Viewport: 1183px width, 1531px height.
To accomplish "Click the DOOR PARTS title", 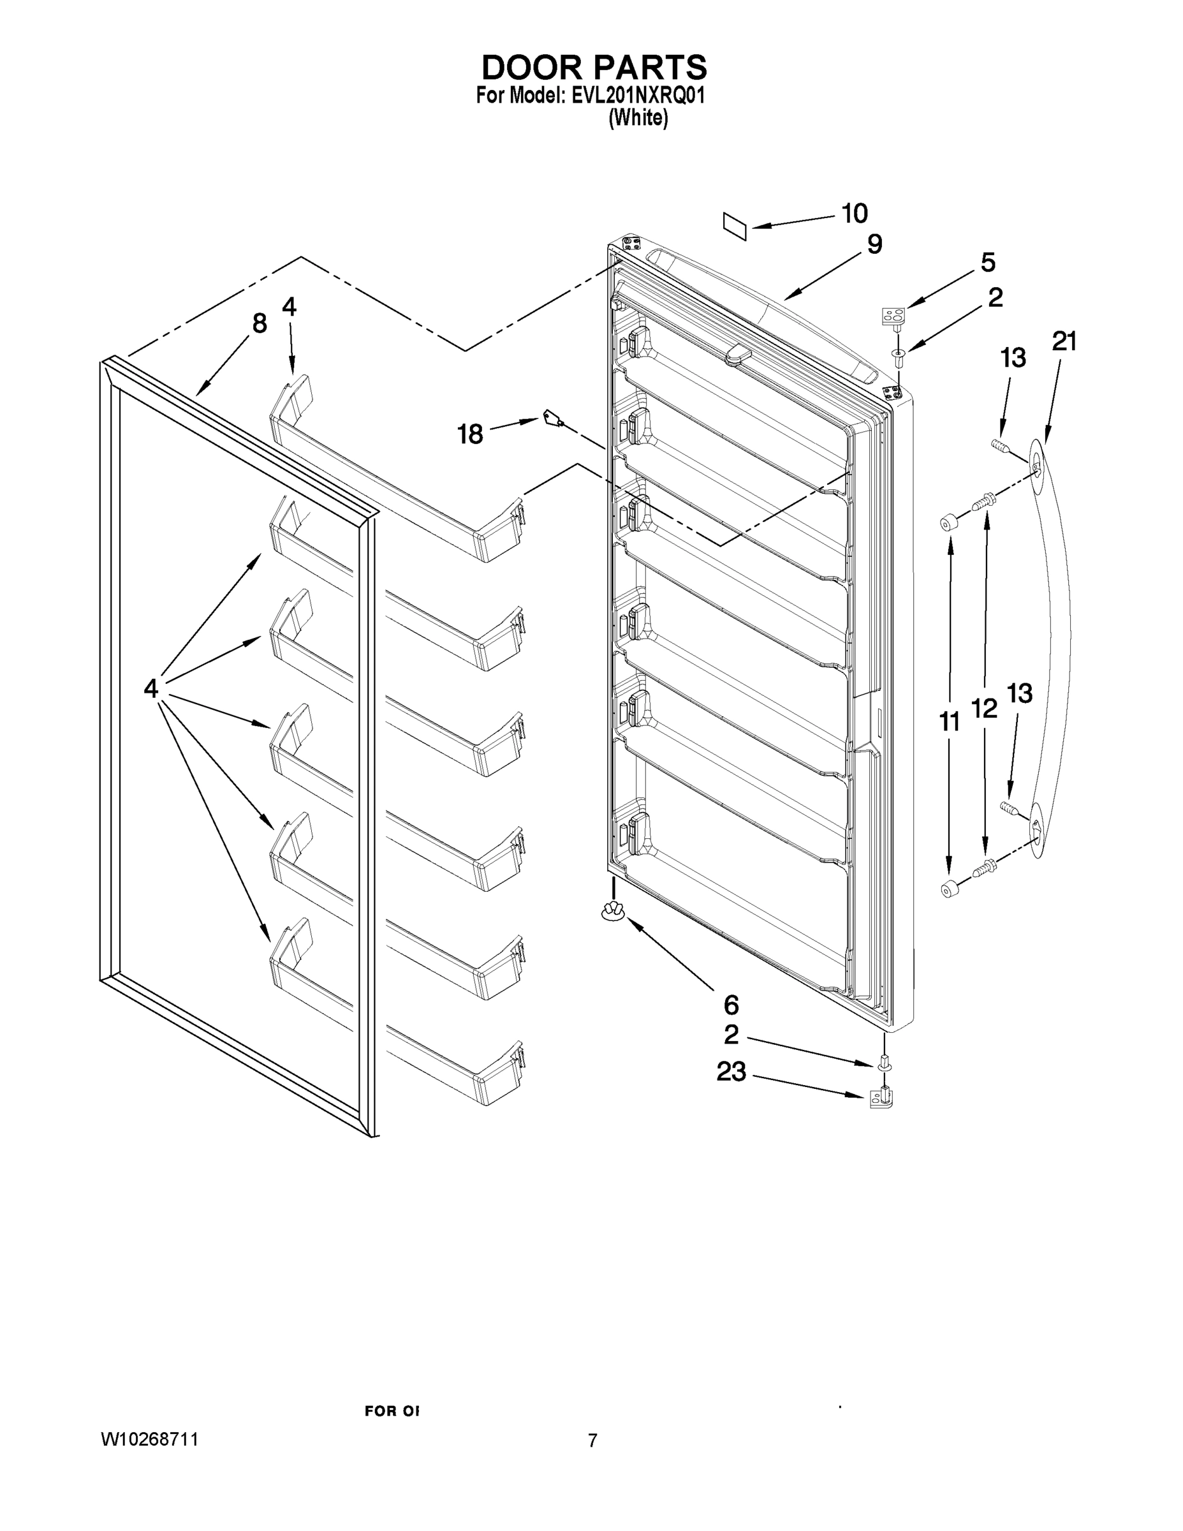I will [x=594, y=68].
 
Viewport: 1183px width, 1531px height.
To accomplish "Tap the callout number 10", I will [x=855, y=214].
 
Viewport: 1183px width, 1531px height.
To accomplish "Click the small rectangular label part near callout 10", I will [x=735, y=227].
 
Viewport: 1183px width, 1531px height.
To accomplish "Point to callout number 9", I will [x=874, y=245].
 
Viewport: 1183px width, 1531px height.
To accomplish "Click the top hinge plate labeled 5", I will [x=893, y=316].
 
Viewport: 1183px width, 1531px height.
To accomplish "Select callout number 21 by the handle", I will [x=1064, y=341].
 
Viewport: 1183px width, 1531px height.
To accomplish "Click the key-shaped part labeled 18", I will [x=552, y=419].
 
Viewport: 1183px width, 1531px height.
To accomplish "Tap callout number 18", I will [x=470, y=434].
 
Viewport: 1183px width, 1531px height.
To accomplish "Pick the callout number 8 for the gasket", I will [x=260, y=323].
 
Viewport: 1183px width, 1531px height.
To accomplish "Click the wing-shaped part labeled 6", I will [x=612, y=912].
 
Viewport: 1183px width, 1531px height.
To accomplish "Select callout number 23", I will [x=730, y=1071].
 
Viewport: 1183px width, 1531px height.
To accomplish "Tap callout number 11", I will [x=950, y=721].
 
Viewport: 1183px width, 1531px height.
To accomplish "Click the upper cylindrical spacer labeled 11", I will [x=949, y=522].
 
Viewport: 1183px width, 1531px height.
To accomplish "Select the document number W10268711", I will [x=150, y=1440].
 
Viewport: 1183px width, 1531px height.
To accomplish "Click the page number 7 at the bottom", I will [x=592, y=1441].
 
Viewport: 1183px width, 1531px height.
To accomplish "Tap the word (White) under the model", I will [x=638, y=119].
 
